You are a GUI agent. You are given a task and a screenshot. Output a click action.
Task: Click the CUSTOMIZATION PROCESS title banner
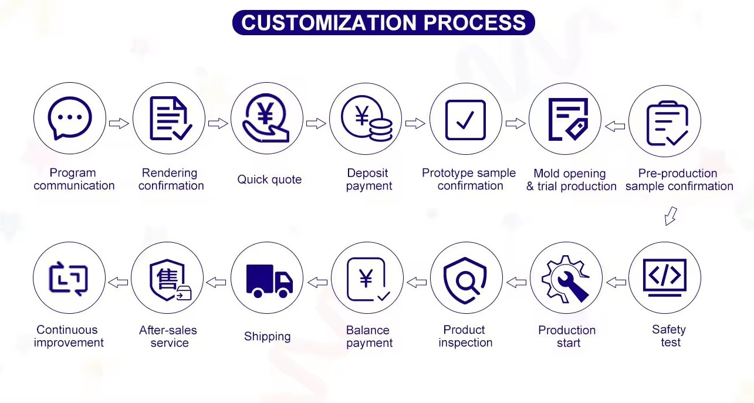(383, 22)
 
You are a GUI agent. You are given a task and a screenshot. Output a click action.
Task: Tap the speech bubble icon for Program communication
(70, 118)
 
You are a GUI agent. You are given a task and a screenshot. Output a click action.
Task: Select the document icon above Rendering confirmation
(171, 118)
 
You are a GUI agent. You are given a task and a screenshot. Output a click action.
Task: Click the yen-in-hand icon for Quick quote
(266, 117)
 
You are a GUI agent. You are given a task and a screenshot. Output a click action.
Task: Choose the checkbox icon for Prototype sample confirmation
(465, 120)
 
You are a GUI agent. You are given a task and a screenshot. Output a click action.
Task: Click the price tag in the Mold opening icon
(577, 129)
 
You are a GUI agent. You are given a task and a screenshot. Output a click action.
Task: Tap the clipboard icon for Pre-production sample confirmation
(667, 123)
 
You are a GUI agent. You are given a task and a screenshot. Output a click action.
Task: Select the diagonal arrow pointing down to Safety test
(671, 216)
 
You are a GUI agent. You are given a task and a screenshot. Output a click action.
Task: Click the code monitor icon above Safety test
(664, 277)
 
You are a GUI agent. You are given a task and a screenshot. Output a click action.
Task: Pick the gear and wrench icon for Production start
(566, 279)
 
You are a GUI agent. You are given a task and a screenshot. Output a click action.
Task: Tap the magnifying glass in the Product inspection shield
(467, 283)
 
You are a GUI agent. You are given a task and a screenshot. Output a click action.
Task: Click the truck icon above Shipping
(269, 281)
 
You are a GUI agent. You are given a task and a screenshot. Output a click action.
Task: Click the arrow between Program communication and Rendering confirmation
(119, 123)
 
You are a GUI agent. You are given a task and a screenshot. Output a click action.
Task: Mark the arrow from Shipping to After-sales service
(216, 282)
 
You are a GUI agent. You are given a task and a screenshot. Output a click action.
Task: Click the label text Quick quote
(269, 180)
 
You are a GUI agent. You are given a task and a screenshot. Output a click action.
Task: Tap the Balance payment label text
(369, 336)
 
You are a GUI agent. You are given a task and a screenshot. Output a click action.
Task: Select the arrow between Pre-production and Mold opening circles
(615, 126)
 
